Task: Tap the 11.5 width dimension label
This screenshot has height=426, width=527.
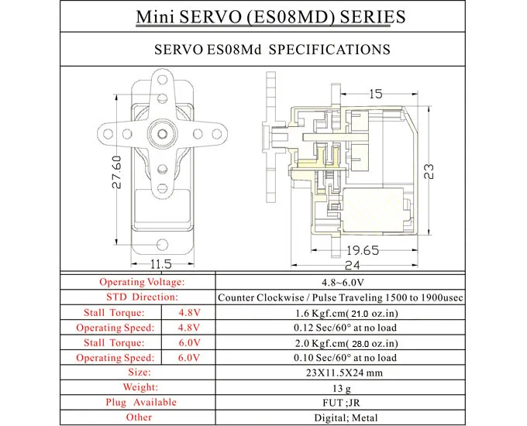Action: coord(160,265)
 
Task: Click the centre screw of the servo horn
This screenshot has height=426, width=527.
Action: coord(161,129)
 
